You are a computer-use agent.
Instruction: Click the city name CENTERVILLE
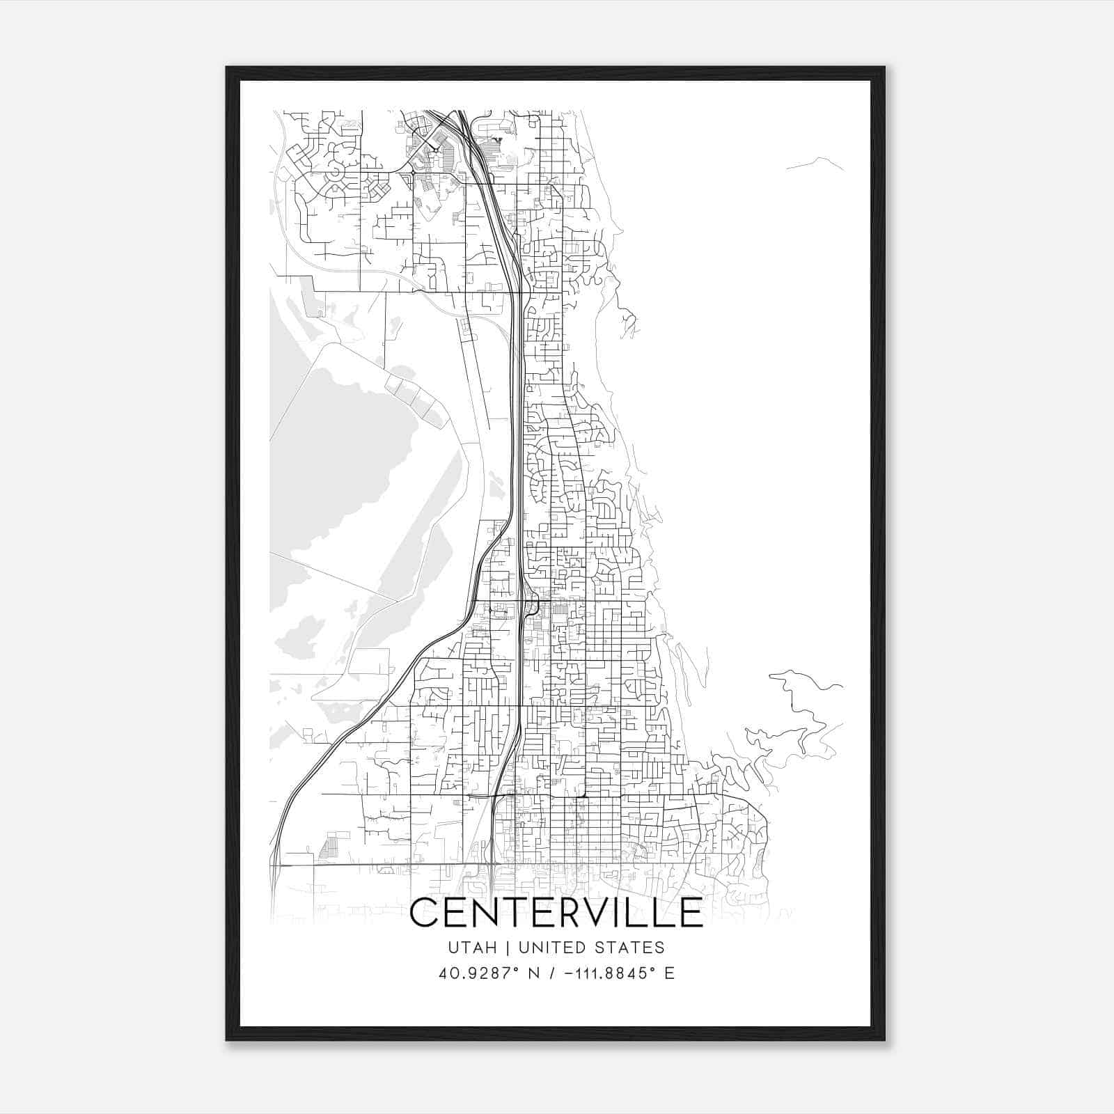(x=556, y=913)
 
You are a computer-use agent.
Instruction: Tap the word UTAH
(x=472, y=948)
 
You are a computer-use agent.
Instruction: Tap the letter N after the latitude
(x=535, y=973)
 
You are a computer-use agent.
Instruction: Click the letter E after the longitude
(x=670, y=973)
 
